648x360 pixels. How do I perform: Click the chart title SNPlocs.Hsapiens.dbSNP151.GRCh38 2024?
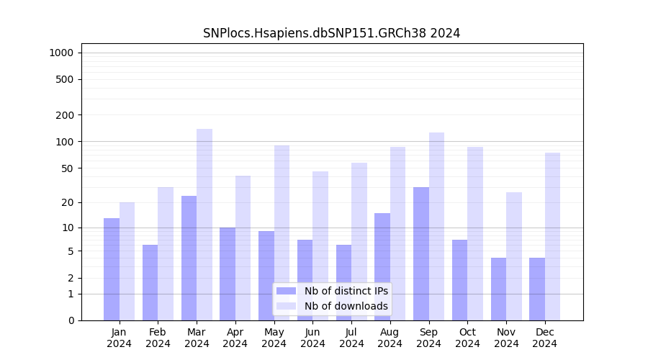[x=331, y=33]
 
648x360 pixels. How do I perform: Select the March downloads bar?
[x=204, y=225]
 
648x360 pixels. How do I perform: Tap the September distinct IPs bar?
[x=421, y=253]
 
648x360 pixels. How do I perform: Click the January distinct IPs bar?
[x=112, y=269]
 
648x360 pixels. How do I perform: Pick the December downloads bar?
[x=552, y=236]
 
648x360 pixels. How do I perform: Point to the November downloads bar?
[x=514, y=256]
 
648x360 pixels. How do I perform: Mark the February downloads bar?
[x=166, y=253]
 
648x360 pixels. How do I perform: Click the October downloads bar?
[x=475, y=233]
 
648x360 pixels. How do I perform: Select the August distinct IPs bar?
[x=382, y=266]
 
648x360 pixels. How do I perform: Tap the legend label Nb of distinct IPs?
[x=346, y=291]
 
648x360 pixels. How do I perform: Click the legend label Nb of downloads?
[x=346, y=306]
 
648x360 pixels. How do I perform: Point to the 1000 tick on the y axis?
[x=61, y=53]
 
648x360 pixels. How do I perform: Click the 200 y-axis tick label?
[x=65, y=115]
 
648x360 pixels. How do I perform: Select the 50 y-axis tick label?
[x=67, y=168]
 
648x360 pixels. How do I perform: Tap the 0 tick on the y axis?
[x=71, y=320]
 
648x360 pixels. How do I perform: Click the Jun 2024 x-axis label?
[x=312, y=338]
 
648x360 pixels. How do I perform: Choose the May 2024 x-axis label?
[x=274, y=338]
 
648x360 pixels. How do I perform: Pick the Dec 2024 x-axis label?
[x=544, y=338]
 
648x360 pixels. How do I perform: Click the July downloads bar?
[x=359, y=241]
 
